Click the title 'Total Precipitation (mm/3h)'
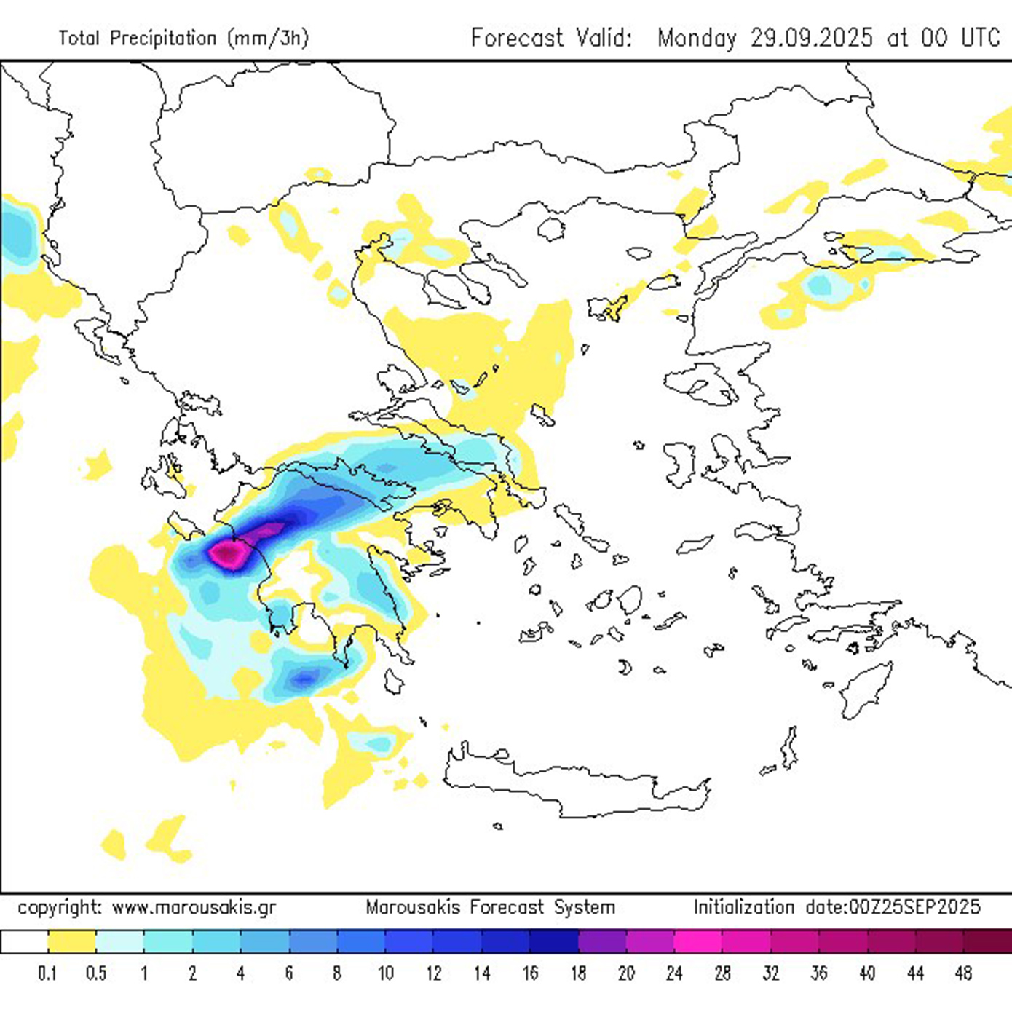tap(183, 38)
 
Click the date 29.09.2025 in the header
tap(811, 38)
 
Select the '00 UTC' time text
tap(960, 38)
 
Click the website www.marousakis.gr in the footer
tap(194, 908)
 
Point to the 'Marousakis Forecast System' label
tap(490, 908)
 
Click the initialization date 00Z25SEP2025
tap(893, 907)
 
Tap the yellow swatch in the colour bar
tap(72, 942)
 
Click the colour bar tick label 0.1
tap(48, 973)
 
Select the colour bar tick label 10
tap(385, 973)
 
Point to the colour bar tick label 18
tap(578, 973)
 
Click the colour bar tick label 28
tap(722, 973)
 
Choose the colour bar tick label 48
tap(963, 973)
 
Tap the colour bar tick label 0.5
tap(96, 973)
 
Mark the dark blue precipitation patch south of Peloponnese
tap(304, 679)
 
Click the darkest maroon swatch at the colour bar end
tap(987, 942)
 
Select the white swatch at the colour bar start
tap(24, 942)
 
